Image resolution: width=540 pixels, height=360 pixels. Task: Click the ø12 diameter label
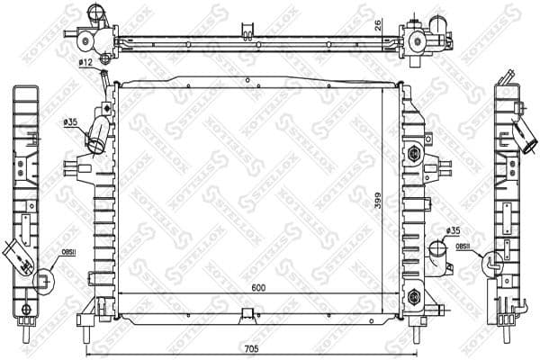pyautogui.click(x=85, y=62)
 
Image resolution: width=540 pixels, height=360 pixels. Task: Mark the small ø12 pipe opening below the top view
pyautogui.click(x=104, y=59)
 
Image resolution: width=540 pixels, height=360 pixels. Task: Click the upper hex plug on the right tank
pyautogui.click(x=414, y=153)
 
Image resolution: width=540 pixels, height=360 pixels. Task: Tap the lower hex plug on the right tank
pyautogui.click(x=413, y=293)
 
